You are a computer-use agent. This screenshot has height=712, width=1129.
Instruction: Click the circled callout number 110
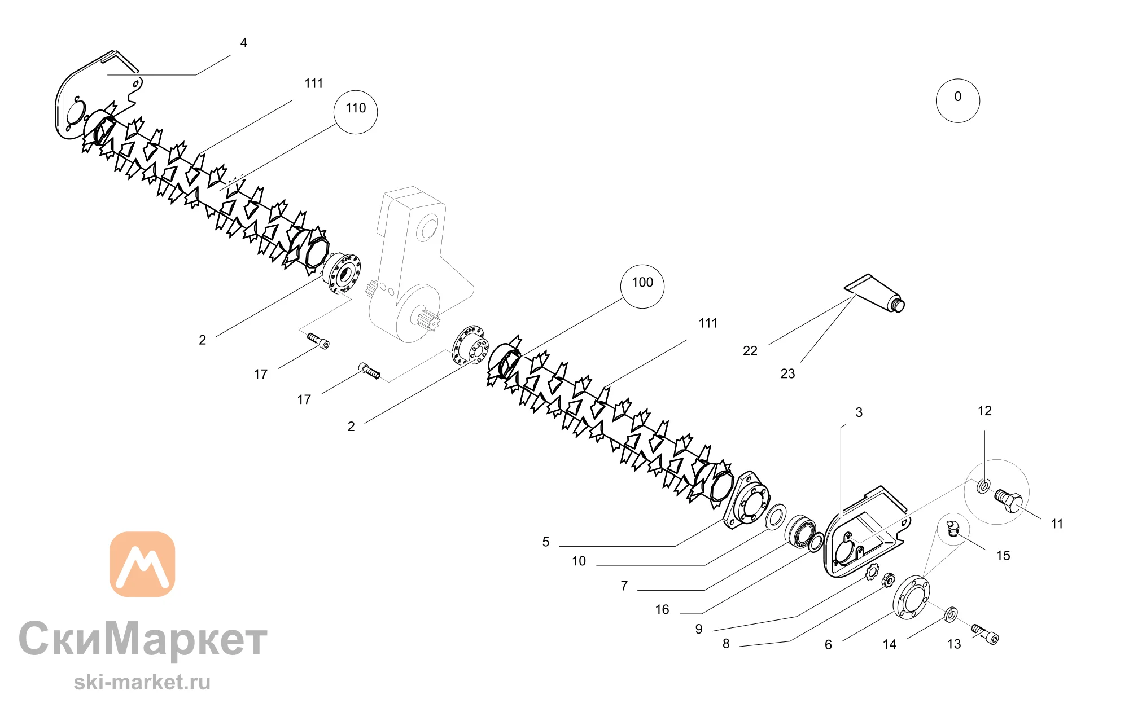tap(356, 112)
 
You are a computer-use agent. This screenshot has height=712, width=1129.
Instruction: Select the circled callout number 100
tap(642, 286)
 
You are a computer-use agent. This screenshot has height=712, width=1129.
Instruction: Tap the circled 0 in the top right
tap(958, 100)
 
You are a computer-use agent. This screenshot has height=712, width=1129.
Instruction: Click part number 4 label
tap(244, 43)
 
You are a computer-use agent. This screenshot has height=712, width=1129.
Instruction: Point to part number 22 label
tap(750, 351)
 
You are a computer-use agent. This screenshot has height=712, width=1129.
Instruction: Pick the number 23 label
tap(787, 373)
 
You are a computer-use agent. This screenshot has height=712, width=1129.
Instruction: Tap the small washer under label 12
tap(983, 485)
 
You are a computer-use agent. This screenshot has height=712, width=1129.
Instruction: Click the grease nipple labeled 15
tap(952, 529)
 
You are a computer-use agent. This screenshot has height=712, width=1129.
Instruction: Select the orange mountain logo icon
tap(142, 564)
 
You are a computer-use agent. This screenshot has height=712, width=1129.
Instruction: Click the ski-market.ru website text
tap(142, 682)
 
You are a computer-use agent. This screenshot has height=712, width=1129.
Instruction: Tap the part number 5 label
tap(546, 542)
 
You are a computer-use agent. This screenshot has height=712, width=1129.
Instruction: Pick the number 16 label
tap(662, 610)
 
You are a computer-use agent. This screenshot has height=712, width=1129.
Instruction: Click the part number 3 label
tap(859, 412)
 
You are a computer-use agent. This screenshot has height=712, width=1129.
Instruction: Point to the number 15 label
tap(1003, 556)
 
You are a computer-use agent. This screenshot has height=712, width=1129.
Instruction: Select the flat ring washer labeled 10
tap(776, 517)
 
